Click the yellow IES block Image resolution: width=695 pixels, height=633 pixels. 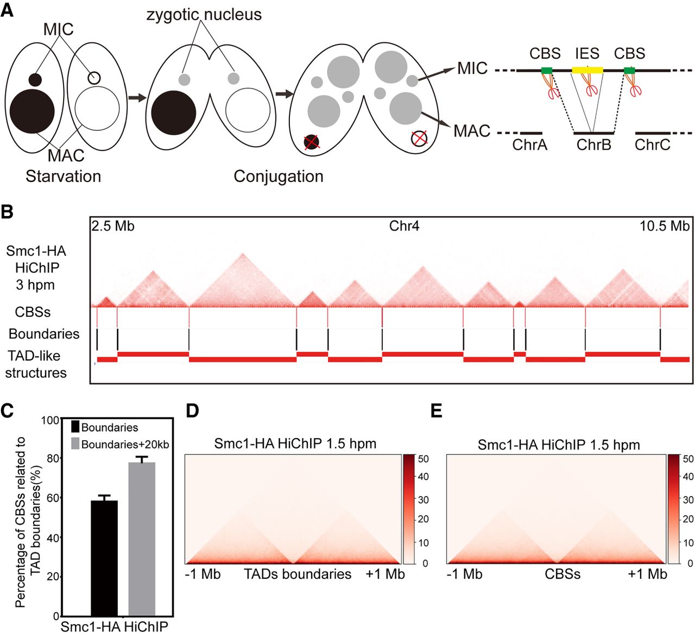[x=587, y=70]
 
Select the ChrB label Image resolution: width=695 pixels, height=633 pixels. [x=594, y=145]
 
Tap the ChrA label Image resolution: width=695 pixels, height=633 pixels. [x=530, y=145]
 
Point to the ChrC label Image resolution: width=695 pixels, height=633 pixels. [x=652, y=145]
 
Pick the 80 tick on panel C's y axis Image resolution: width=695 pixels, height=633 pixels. [x=52, y=459]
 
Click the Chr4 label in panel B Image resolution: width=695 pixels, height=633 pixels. [x=404, y=226]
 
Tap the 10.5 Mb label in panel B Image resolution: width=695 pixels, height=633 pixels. [x=665, y=226]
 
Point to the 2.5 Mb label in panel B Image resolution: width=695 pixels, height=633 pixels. [x=113, y=226]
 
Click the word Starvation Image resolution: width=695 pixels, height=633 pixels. [x=64, y=176]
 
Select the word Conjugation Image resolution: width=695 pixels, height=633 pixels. [x=279, y=176]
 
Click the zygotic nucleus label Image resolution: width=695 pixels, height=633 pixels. [x=204, y=14]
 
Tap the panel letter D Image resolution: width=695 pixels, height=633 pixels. [x=193, y=411]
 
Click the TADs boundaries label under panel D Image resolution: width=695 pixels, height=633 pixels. [x=298, y=574]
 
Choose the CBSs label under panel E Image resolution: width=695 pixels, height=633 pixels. [x=563, y=574]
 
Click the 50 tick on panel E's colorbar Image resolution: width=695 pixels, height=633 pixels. [x=688, y=459]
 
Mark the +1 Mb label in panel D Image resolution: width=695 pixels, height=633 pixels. [x=385, y=574]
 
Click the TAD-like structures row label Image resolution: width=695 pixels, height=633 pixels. [x=36, y=364]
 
